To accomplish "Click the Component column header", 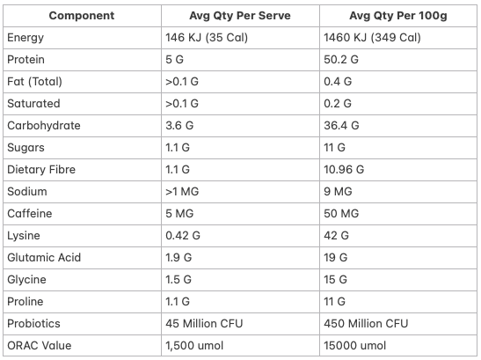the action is pyautogui.click(x=82, y=16).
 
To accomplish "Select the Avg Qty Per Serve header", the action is pyautogui.click(x=240, y=16).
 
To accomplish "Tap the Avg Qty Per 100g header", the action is pyautogui.click(x=398, y=16).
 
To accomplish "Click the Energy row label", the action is pyautogui.click(x=26, y=38).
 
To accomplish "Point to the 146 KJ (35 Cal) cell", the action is pyautogui.click(x=207, y=38).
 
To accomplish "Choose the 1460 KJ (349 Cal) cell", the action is pyautogui.click(x=373, y=38).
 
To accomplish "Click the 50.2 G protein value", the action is pyautogui.click(x=341, y=60).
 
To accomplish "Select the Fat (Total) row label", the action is pyautogui.click(x=34, y=82).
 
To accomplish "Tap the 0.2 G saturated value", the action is pyautogui.click(x=338, y=104).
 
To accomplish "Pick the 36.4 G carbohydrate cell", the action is pyautogui.click(x=341, y=126).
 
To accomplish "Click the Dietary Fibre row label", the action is pyautogui.click(x=41, y=170).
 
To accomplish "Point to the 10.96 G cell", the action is pyautogui.click(x=344, y=170).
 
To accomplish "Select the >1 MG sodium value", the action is pyautogui.click(x=182, y=192).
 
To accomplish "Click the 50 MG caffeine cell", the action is pyautogui.click(x=341, y=214).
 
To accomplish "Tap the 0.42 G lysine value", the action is pyautogui.click(x=183, y=236).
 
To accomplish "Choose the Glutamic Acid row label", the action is pyautogui.click(x=44, y=258).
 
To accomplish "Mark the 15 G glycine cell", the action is pyautogui.click(x=336, y=280).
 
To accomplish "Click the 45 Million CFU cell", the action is pyautogui.click(x=204, y=324).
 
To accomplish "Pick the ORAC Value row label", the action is pyautogui.click(x=40, y=346).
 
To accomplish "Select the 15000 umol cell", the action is pyautogui.click(x=355, y=346).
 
